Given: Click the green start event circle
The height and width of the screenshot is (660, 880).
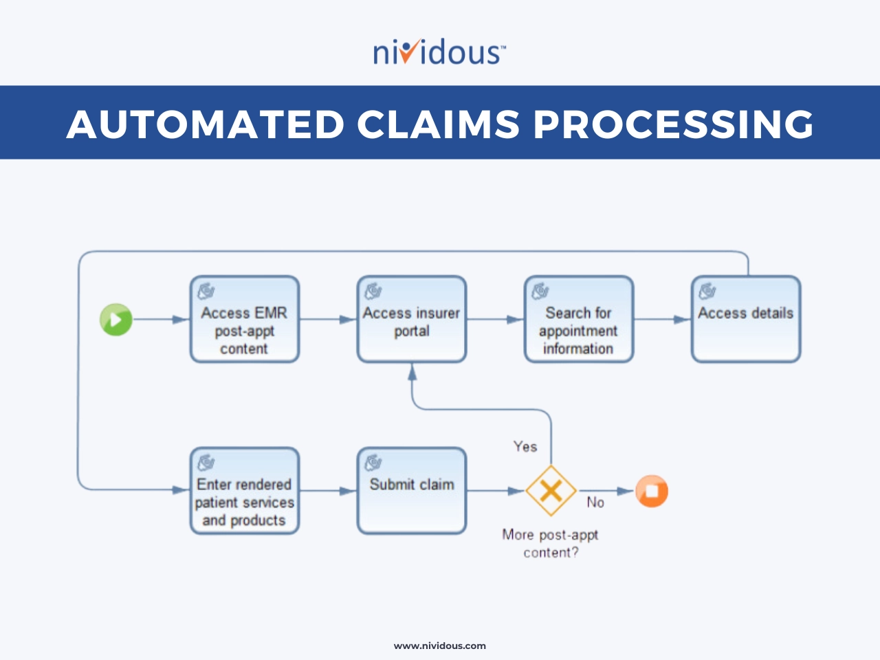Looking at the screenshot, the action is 116,320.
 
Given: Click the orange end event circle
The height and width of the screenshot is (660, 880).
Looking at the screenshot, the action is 652,491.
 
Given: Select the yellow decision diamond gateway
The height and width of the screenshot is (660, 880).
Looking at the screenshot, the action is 551,490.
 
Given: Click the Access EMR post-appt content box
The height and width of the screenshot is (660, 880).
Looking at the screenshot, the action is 245,319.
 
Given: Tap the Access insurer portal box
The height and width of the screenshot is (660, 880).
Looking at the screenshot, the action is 412,319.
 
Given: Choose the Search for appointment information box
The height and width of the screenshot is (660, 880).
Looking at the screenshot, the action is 579,319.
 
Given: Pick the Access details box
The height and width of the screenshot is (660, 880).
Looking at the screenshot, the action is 746,319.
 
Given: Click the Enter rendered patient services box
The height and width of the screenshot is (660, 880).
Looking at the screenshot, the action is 245,491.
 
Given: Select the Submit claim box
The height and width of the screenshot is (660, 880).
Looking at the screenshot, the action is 412,491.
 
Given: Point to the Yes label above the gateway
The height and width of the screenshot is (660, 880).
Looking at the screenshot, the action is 525,446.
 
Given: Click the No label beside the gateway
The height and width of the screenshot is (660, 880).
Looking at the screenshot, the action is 595,502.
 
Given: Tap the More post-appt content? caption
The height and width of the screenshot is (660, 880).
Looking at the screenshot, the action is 551,544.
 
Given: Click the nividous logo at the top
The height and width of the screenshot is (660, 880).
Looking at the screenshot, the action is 439,52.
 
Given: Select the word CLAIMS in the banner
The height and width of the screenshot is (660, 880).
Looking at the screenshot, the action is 438,124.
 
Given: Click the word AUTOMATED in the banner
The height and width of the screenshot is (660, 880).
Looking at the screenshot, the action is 206,124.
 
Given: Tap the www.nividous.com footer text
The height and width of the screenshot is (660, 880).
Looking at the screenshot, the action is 440,646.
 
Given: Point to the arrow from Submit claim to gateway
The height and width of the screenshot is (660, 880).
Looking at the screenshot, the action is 496,491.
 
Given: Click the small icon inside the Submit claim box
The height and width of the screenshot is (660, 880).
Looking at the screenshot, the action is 373,463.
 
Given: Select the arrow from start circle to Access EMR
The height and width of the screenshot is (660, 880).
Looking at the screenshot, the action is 161,320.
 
